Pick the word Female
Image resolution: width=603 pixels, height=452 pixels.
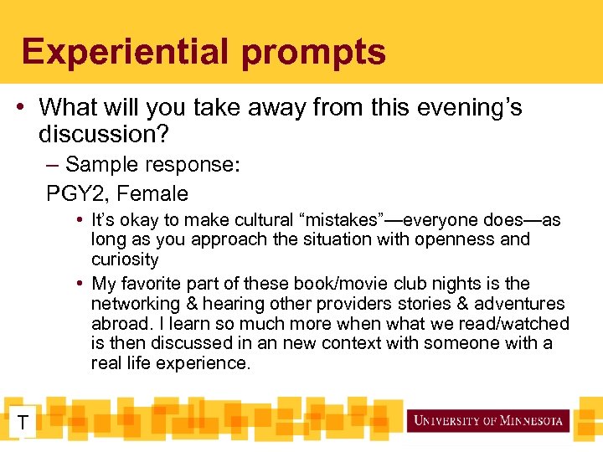pos(152,194)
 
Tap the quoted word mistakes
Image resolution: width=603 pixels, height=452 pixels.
pos(343,221)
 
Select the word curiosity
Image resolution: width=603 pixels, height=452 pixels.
pos(125,259)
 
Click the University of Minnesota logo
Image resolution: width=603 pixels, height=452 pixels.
pos(487,420)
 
